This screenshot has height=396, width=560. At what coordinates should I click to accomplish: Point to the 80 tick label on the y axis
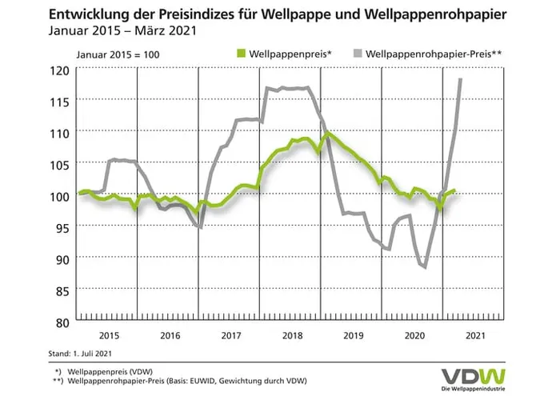click(62, 322)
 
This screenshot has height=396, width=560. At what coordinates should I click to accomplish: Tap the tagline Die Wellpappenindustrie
click(474, 389)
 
